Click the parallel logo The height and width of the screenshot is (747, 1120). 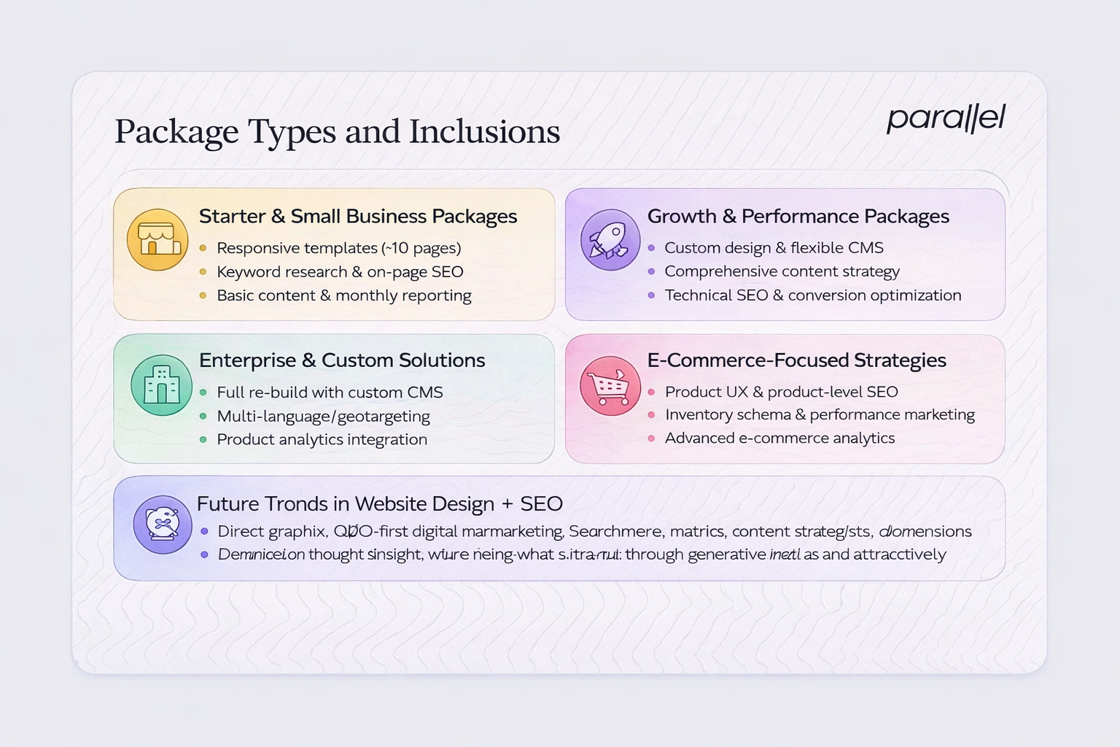pos(946,118)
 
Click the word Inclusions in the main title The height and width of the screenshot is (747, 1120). pos(484,132)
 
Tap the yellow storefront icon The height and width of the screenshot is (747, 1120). pos(157,239)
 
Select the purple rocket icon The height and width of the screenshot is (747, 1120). pos(610,239)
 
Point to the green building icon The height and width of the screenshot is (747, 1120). pos(161,384)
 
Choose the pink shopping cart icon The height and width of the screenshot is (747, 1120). pos(610,385)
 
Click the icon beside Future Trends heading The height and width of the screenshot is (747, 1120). pos(162,524)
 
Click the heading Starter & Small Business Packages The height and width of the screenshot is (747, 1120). pos(357,216)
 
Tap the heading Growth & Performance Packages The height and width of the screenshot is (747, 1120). pos(798,216)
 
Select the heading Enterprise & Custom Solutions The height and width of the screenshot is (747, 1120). pos(341,360)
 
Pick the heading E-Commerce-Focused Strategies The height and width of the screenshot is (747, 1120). pos(796,360)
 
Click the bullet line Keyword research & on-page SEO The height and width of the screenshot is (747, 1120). pos(340,272)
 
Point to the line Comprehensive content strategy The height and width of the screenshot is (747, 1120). pos(782,271)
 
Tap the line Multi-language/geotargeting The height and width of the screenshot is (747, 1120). pos(323,417)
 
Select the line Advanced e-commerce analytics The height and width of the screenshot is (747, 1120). pos(779,438)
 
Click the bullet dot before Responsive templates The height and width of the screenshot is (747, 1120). pos(203,248)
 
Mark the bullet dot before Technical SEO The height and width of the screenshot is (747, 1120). pos(651,295)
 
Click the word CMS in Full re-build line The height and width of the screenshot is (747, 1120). pos(425,392)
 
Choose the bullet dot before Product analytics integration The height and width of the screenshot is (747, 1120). pos(203,440)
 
